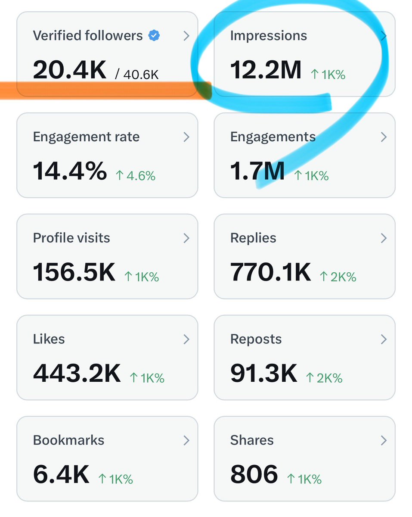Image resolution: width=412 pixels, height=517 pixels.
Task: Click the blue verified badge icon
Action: [x=154, y=35]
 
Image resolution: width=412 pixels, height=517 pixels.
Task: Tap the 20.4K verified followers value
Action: [x=69, y=69]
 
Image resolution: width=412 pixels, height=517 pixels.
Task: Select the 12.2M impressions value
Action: [x=266, y=69]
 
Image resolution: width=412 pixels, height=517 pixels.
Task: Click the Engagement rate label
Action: [x=86, y=137]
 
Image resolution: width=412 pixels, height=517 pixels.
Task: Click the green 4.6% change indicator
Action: [x=136, y=176]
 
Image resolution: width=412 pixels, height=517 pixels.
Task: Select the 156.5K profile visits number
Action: [x=74, y=272]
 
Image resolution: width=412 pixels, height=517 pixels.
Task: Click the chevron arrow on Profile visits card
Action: [x=186, y=238]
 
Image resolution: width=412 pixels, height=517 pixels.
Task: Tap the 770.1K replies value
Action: [x=270, y=272]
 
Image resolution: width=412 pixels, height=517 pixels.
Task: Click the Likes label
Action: [x=49, y=339]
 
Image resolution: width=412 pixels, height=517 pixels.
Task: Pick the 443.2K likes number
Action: [x=77, y=373]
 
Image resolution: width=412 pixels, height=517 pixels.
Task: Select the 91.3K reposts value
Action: [x=263, y=373]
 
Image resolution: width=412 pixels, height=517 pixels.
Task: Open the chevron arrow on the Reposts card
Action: [x=384, y=339]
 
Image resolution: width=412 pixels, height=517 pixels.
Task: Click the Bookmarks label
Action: [x=68, y=440]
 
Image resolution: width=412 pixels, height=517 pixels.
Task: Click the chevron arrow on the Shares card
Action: [x=384, y=440]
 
